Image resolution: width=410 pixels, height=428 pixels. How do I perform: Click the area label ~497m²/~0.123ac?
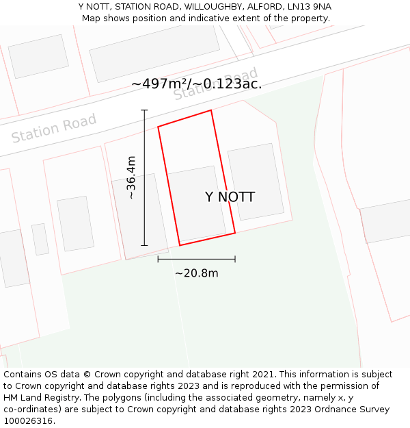[x=196, y=84]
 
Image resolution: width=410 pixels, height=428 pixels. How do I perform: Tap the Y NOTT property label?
[x=230, y=197]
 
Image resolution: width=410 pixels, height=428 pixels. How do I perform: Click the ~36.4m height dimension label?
[x=132, y=177]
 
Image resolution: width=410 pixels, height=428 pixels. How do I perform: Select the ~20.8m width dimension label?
[x=196, y=273]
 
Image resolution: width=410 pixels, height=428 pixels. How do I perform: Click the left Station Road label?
[x=54, y=128]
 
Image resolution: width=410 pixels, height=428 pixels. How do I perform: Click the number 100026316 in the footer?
[x=28, y=421]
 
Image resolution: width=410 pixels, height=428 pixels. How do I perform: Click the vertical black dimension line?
[x=144, y=177]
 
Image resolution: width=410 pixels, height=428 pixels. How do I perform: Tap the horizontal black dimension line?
[x=196, y=259]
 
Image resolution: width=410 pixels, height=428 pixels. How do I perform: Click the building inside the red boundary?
[x=197, y=203]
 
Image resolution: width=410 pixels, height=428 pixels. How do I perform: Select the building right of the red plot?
[x=256, y=181]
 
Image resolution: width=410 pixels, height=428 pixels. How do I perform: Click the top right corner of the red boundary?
[x=211, y=110]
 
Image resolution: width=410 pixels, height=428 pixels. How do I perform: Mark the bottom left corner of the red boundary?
[x=180, y=245]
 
